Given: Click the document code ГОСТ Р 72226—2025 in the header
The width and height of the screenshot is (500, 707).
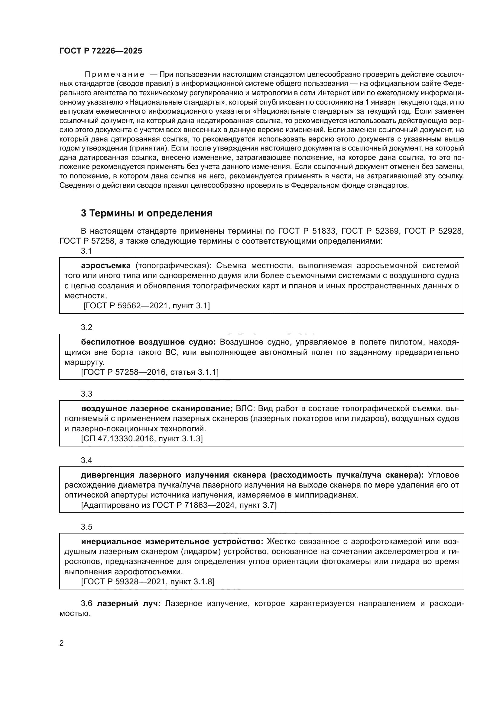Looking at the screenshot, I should (101, 51).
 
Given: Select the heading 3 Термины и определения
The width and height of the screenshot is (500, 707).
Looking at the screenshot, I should (147, 213).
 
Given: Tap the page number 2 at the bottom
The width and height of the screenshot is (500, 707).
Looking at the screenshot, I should (62, 643).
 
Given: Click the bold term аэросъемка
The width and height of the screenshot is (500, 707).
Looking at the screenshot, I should (106, 265).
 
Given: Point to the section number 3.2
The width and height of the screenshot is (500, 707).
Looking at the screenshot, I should (86, 327).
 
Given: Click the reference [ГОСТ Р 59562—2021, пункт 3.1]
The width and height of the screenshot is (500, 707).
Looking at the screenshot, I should (147, 306).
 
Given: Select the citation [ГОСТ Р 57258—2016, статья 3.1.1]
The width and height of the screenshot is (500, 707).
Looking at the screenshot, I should (150, 372).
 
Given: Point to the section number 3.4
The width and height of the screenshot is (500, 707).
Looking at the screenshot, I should (86, 460).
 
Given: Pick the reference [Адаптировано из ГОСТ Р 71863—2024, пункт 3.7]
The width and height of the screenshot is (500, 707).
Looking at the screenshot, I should (179, 505).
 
